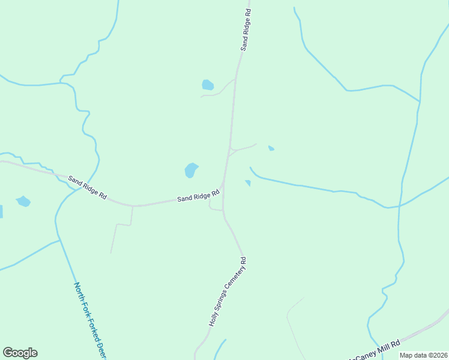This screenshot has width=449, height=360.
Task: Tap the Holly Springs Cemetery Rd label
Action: coord(228,292)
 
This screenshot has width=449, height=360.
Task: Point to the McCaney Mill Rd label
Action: coord(375,349)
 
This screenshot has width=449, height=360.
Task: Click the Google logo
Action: coord(20,353)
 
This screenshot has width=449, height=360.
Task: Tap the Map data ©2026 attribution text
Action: coord(423,355)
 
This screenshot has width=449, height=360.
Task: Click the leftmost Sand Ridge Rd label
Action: coord(87,187)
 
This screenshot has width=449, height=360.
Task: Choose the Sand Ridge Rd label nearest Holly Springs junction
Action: coord(198,196)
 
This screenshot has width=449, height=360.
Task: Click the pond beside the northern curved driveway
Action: coord(208,85)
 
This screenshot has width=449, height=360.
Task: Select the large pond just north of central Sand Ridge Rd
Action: coord(191,170)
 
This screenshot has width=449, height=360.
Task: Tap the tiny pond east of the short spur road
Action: coord(271,148)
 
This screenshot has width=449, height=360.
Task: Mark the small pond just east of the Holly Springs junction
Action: coord(247,182)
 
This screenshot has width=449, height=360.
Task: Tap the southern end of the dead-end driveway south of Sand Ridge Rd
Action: coord(111,252)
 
